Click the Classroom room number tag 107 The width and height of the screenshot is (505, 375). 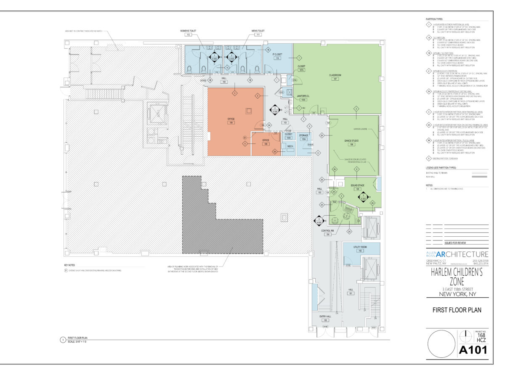pos(335,79)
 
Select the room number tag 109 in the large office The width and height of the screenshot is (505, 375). pos(231,123)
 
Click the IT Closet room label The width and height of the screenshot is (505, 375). pos(277,55)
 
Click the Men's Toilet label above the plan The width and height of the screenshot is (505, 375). pos(258,31)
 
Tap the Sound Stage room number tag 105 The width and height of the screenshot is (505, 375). pos(357,189)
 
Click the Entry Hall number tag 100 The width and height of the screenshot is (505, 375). pos(325,320)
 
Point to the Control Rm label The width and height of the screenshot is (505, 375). pos(327,231)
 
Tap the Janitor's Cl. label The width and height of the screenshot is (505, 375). pos(303,96)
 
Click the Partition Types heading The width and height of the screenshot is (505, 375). pos(434,19)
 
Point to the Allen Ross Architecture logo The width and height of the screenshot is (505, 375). pos(457,254)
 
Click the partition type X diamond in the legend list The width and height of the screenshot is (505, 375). pos(428,158)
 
